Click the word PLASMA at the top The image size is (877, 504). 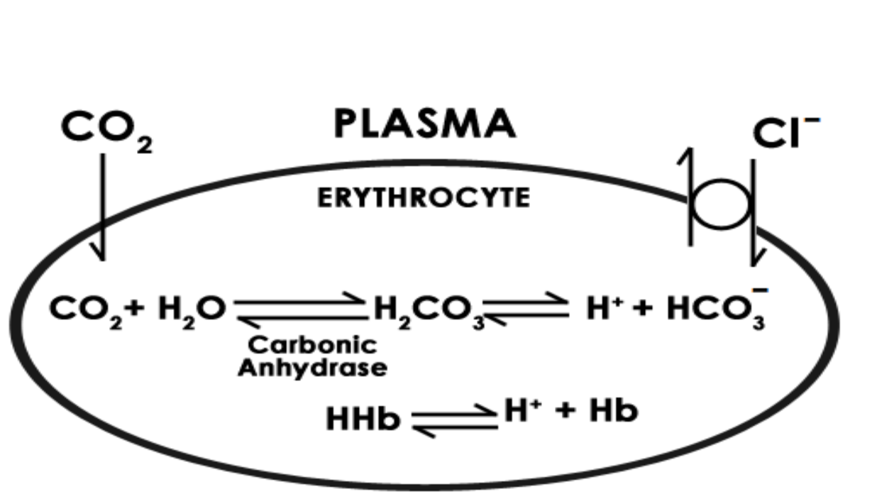click(424, 124)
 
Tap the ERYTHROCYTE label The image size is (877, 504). click(424, 198)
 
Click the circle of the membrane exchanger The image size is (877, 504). click(721, 204)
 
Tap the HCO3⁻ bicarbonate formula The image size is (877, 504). click(717, 309)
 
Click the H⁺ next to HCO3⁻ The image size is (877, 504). click(604, 309)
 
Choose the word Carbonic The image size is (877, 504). click(313, 345)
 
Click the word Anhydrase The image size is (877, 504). click(312, 368)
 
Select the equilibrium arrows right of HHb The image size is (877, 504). click(453, 420)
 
